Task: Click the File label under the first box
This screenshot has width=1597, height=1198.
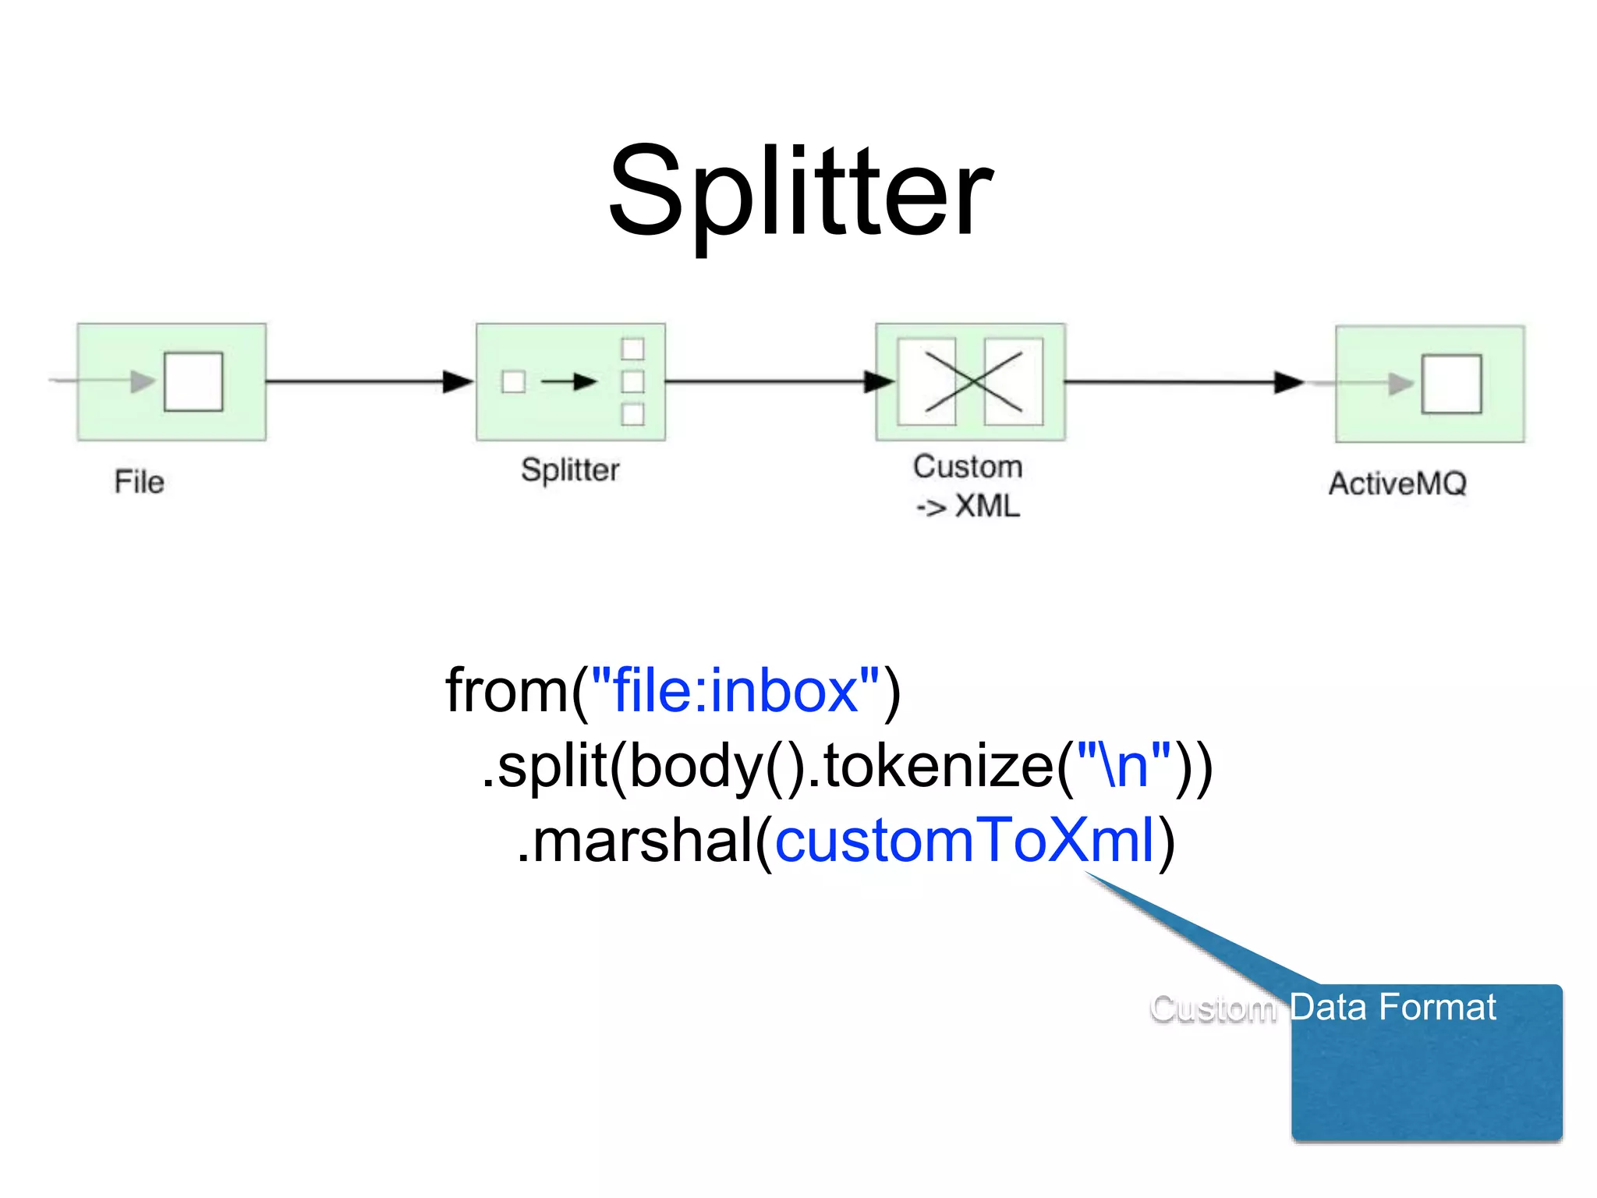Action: click(139, 482)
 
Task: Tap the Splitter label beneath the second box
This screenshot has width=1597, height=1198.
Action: click(570, 470)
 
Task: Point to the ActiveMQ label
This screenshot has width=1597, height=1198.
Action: click(1397, 484)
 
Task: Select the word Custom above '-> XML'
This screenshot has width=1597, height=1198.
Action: click(968, 466)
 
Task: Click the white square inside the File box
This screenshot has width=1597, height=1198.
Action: click(193, 381)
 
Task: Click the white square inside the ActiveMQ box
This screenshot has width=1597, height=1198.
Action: click(1451, 384)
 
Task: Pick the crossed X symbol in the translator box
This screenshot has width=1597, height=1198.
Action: click(972, 381)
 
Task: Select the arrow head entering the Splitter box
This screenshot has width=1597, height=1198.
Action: click(459, 381)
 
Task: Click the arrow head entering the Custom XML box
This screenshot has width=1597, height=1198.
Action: click(880, 381)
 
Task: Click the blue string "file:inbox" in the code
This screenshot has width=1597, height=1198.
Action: click(735, 691)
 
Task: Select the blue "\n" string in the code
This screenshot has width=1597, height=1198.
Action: click(1124, 766)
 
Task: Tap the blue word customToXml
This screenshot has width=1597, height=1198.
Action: click(965, 841)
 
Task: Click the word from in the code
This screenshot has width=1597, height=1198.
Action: click(508, 691)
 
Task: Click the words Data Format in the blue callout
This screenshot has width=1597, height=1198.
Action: click(1393, 1007)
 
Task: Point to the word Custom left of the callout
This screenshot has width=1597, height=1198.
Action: click(1213, 1008)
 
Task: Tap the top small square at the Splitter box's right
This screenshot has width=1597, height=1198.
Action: click(632, 349)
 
